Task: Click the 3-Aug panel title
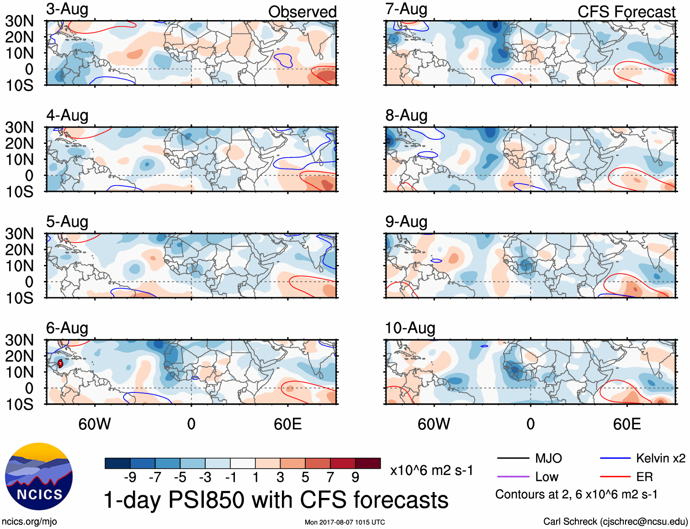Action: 67,9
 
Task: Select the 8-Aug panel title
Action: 406,115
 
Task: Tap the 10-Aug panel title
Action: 410,328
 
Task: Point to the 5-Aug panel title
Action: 67,222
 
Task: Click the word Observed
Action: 302,12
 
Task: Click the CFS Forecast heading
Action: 626,12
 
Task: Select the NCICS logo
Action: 39,476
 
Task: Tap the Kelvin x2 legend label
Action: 660,458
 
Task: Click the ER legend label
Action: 644,477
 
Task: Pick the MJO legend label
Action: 548,458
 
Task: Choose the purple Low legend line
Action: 513,476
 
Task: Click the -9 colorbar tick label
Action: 130,477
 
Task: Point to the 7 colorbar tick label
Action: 330,477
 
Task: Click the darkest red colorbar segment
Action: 368,463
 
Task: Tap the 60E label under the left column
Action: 287,424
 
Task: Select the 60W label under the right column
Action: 434,424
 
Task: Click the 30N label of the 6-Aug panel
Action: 19,340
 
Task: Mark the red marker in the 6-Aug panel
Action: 60,364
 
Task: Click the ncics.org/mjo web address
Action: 29,522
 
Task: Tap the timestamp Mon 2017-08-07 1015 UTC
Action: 345,522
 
